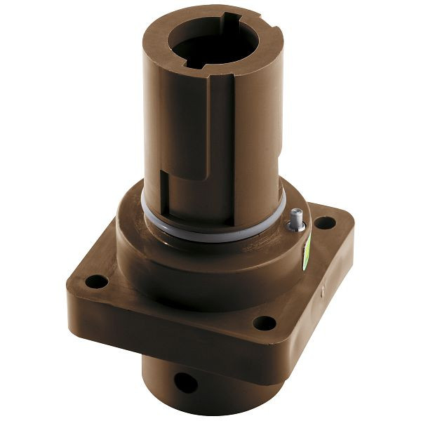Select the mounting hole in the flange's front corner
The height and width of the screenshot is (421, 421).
(x=264, y=323)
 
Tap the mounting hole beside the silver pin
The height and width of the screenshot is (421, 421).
(x=324, y=224)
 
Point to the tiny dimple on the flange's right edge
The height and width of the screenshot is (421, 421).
(x=322, y=288)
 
